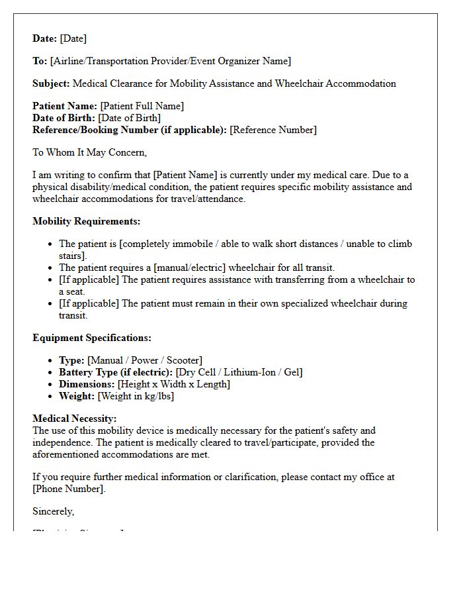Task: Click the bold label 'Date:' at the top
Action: (x=45, y=38)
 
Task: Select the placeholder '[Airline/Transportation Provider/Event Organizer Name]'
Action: (x=171, y=61)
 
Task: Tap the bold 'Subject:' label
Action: (x=51, y=83)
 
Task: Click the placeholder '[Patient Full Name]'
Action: (x=142, y=106)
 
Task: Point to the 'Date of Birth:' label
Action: (x=63, y=118)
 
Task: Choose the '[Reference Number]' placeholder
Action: (x=273, y=130)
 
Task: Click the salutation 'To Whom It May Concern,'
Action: (x=89, y=152)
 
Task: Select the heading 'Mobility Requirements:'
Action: (x=86, y=221)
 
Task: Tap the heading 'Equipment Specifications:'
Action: (x=92, y=338)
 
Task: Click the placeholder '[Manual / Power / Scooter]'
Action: (x=145, y=360)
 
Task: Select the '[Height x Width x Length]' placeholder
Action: (x=174, y=384)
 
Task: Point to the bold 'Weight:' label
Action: (x=77, y=396)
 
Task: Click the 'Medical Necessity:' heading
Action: (x=75, y=419)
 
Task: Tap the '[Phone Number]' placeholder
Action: (x=68, y=489)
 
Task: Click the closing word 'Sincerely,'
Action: (x=54, y=511)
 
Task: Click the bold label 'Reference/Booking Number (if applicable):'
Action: (x=130, y=130)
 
